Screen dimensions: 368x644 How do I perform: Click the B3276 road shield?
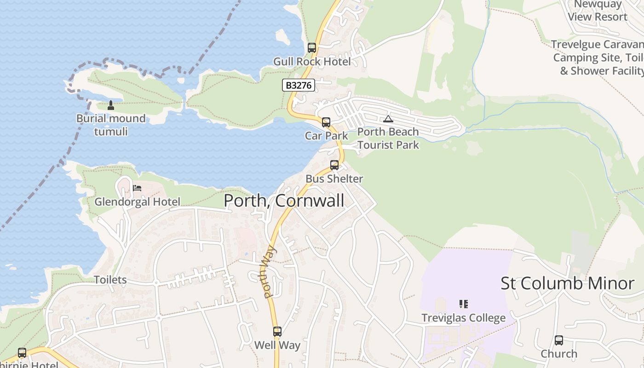point(298,85)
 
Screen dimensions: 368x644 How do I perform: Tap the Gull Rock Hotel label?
point(312,62)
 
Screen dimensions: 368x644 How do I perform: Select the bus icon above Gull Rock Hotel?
point(312,47)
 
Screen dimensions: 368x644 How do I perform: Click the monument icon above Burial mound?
point(110,105)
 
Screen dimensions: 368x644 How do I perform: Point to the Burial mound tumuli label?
point(111,125)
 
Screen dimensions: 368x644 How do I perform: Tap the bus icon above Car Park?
point(326,122)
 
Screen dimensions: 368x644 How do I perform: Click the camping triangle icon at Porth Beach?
point(388,119)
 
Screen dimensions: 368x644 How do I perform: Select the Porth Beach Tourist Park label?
point(388,138)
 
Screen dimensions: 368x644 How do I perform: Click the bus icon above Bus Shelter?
point(334,165)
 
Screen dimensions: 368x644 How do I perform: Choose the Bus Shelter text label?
point(334,179)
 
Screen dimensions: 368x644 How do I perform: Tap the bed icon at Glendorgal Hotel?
point(137,188)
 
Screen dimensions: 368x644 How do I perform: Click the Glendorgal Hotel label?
point(138,202)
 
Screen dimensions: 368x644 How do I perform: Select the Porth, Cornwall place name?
point(284,201)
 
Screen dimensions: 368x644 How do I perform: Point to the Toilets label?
point(110,280)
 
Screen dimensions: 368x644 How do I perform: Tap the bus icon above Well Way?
point(277,331)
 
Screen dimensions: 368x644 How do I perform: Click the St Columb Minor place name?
point(567,283)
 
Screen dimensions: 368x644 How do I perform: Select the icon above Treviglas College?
point(464,304)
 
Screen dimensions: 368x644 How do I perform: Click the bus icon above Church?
point(559,340)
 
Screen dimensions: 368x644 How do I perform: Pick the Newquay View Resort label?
point(598,11)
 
